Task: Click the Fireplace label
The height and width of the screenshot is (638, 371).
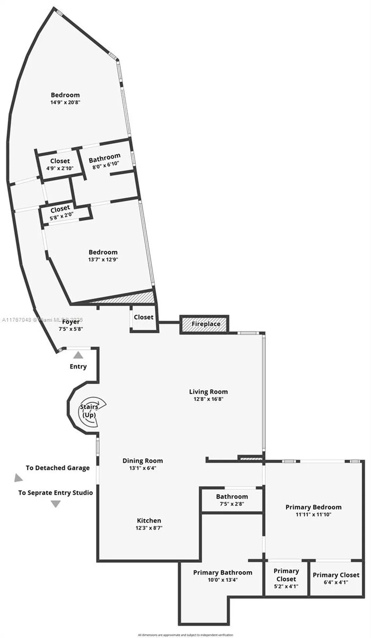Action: click(x=206, y=324)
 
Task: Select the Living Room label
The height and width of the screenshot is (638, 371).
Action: click(x=208, y=392)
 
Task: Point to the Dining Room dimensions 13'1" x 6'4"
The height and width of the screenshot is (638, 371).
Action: click(x=143, y=468)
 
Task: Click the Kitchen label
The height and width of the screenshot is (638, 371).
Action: click(x=149, y=520)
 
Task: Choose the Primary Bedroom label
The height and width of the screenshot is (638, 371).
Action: click(x=313, y=507)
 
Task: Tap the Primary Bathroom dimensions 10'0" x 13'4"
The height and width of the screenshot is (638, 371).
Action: click(x=222, y=580)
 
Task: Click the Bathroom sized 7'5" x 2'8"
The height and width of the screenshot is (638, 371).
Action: click(x=232, y=500)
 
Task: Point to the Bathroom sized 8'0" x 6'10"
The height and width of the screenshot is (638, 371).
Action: click(x=105, y=160)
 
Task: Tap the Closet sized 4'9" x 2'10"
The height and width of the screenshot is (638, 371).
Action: click(x=60, y=164)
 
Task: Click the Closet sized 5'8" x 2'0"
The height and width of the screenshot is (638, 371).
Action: click(x=60, y=212)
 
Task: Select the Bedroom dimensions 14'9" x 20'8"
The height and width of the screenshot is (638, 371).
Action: click(x=65, y=102)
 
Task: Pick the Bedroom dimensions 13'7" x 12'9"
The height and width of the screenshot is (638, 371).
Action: click(x=103, y=260)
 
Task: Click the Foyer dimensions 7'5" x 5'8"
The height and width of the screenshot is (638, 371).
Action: click(x=71, y=329)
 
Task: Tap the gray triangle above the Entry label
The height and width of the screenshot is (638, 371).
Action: click(x=78, y=355)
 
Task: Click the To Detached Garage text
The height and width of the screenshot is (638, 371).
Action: click(x=58, y=468)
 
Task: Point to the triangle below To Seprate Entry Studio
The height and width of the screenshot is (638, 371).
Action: click(x=56, y=504)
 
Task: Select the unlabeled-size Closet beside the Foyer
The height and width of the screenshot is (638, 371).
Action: click(x=144, y=317)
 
